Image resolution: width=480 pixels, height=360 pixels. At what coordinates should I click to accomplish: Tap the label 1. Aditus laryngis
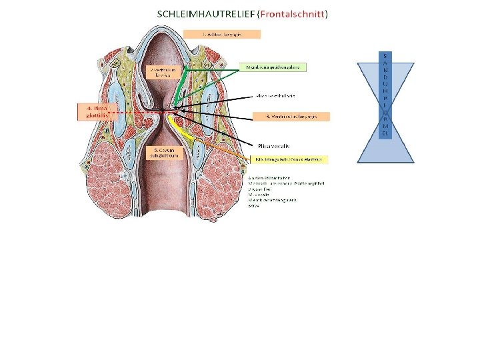tap(222, 33)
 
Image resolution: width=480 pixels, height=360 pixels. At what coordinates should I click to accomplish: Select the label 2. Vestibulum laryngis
tap(161, 71)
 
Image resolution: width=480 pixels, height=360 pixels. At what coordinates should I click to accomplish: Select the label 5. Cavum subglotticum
tap(163, 153)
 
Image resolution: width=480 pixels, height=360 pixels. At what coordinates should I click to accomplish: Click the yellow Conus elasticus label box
tap(291, 160)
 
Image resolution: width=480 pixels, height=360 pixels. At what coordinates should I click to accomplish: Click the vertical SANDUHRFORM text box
tap(386, 93)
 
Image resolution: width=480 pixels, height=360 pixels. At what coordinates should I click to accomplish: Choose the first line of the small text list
tap(268, 178)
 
